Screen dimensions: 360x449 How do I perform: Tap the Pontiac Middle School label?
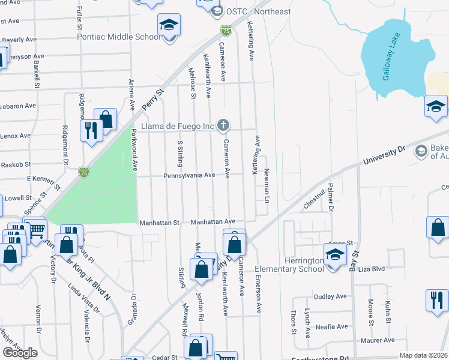[118, 37]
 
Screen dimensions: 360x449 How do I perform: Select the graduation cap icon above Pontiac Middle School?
[169, 26]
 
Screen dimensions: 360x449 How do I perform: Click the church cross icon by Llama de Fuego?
[223, 125]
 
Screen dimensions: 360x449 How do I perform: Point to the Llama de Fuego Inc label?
[178, 126]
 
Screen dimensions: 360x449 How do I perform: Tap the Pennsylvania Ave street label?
[188, 176]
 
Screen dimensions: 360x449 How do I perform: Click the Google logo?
[20, 353]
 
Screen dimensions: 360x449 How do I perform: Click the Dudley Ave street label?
[330, 296]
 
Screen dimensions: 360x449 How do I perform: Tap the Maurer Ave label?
[378, 340]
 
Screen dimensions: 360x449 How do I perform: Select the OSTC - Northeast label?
[259, 11]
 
